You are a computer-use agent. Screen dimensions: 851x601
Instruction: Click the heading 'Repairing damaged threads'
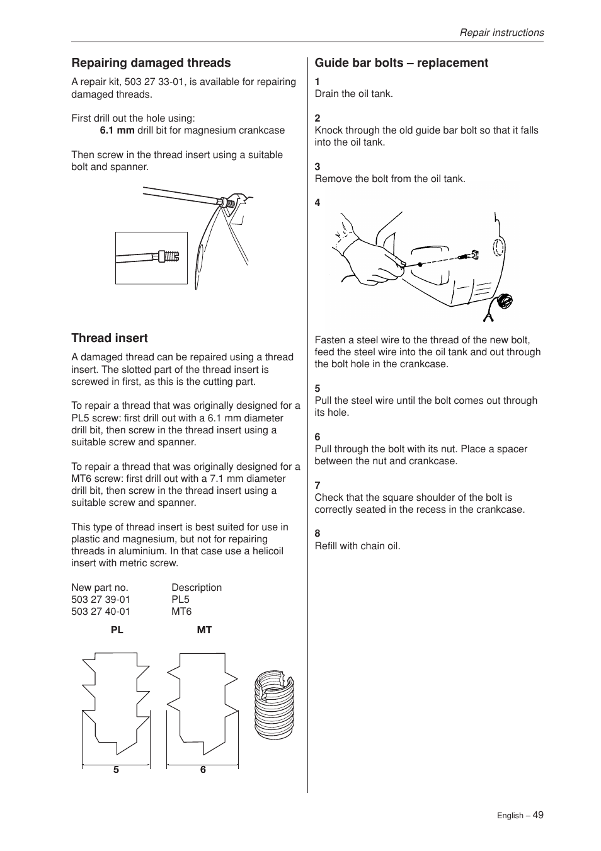click(151, 63)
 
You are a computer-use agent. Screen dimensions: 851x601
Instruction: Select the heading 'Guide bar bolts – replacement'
click(401, 63)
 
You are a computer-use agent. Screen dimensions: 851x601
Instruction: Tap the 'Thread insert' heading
click(110, 338)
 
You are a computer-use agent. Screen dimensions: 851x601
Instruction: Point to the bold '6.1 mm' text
click(117, 130)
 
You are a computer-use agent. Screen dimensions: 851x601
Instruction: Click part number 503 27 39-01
click(101, 600)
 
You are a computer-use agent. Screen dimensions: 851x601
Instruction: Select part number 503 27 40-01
click(101, 612)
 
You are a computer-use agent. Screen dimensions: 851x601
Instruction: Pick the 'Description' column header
click(197, 588)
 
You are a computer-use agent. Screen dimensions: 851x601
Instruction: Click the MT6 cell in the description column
click(181, 612)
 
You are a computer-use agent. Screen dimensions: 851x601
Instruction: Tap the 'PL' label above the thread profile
click(117, 630)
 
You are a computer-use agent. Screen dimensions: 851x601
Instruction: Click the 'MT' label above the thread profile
click(204, 630)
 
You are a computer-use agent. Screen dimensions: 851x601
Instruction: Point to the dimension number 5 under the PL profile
click(116, 770)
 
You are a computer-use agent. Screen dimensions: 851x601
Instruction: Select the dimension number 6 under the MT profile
click(203, 770)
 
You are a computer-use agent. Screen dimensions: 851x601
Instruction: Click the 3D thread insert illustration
click(274, 705)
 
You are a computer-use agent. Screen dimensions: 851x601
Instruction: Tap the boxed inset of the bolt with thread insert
click(151, 258)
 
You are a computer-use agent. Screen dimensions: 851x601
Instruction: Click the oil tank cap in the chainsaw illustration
click(505, 301)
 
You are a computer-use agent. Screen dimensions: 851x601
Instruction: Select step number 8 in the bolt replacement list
click(318, 534)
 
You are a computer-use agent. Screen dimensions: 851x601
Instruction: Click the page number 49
click(537, 814)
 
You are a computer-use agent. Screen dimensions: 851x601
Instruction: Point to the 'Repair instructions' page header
click(501, 33)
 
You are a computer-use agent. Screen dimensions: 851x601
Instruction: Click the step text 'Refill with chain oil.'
click(357, 546)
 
